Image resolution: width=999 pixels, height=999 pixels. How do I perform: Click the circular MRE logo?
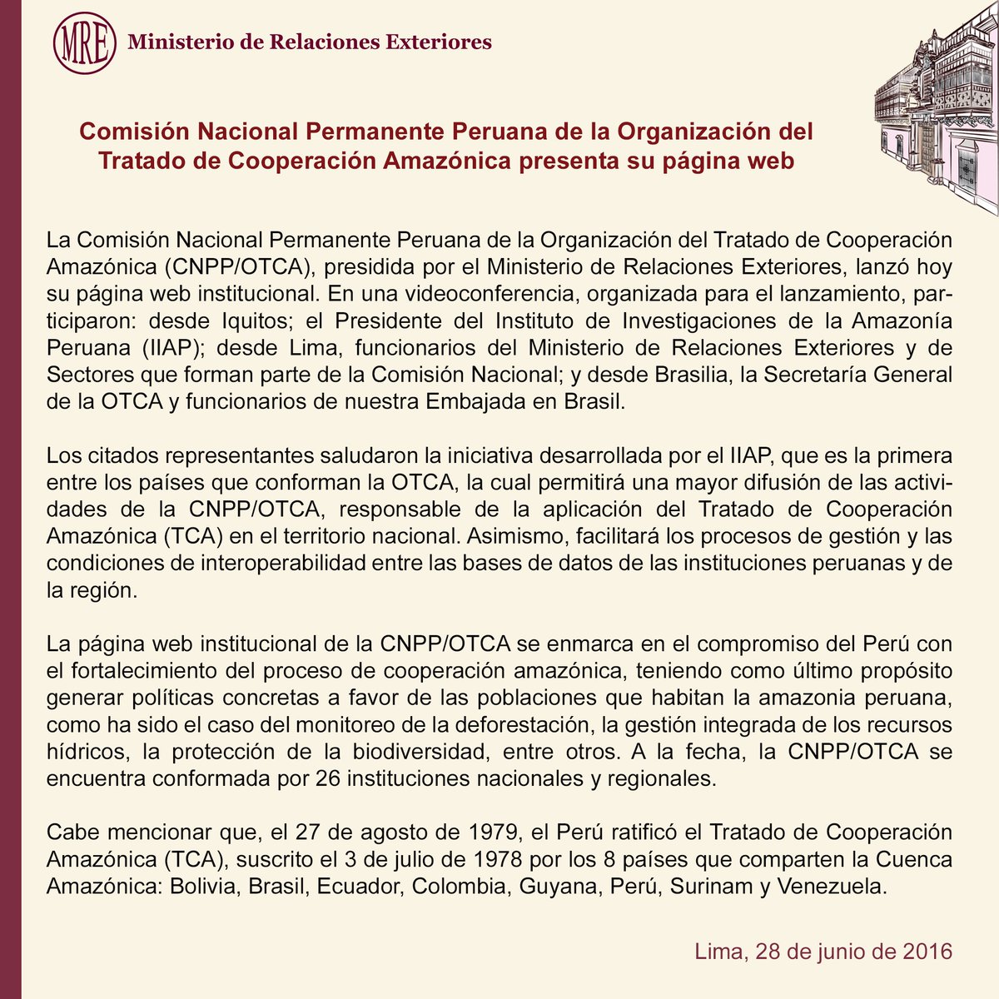coord(83,42)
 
